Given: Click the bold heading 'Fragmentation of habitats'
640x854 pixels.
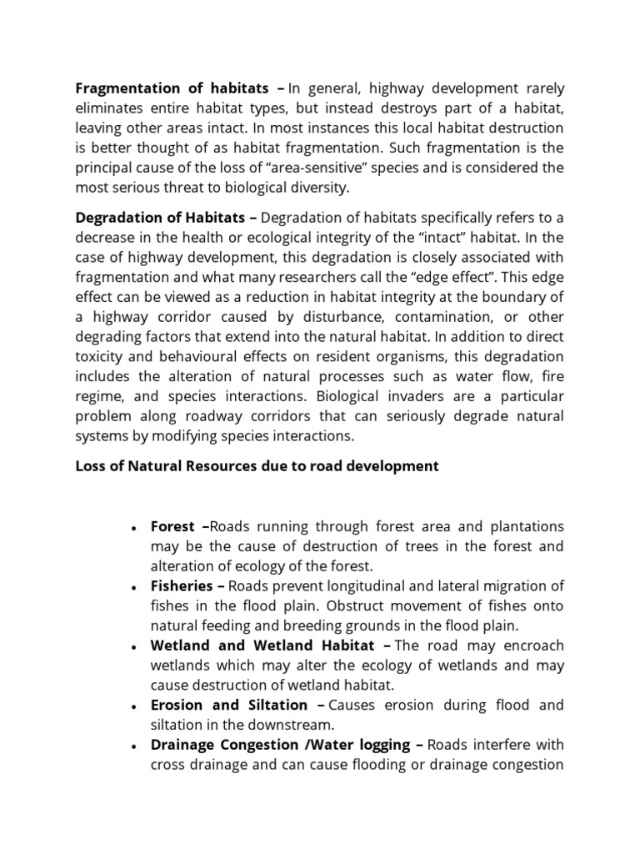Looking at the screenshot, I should (x=172, y=88).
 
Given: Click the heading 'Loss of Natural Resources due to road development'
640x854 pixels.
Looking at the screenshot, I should (x=257, y=466).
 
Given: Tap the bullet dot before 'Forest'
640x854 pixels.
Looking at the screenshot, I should (x=134, y=528).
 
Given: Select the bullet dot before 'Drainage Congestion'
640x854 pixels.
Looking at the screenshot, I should (x=134, y=746).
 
